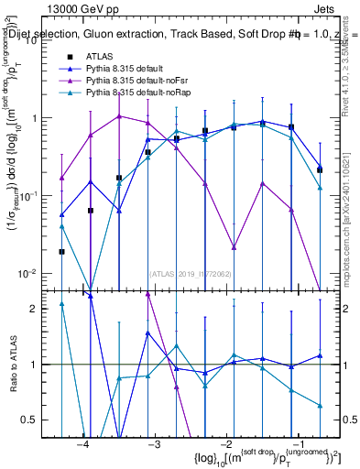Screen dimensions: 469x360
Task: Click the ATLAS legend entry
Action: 98,57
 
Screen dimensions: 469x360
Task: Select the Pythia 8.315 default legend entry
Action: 128,69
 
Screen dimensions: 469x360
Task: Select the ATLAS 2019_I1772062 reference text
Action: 190,272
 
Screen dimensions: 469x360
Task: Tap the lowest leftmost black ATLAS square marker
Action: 61,251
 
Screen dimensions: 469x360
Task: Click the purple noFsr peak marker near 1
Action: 119,116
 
